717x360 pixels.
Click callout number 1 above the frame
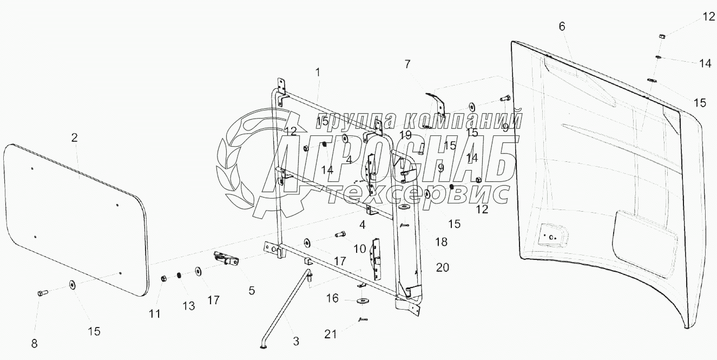tap(318, 71)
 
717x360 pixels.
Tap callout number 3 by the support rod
tap(296, 341)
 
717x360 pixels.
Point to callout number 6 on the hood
tap(562, 26)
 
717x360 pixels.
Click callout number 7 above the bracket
tap(407, 64)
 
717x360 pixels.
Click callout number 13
tap(188, 306)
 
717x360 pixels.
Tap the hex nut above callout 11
tap(163, 279)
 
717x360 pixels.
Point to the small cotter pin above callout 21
tap(363, 319)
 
